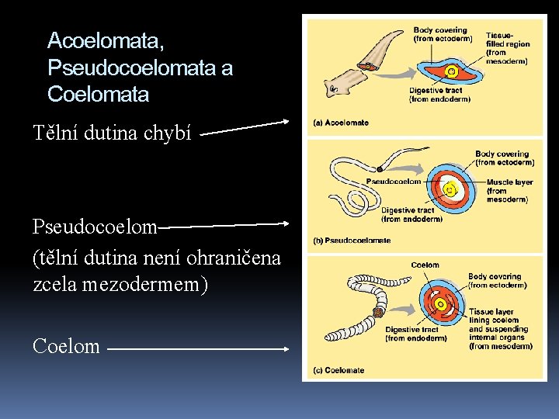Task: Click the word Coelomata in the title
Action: pyautogui.click(x=98, y=95)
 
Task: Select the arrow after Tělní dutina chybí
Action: pyautogui.click(x=244, y=126)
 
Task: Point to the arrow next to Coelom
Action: pyautogui.click(x=198, y=350)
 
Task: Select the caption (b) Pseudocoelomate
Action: pyautogui.click(x=351, y=241)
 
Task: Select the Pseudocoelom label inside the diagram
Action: pyautogui.click(x=394, y=182)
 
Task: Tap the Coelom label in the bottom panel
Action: pyautogui.click(x=425, y=265)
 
